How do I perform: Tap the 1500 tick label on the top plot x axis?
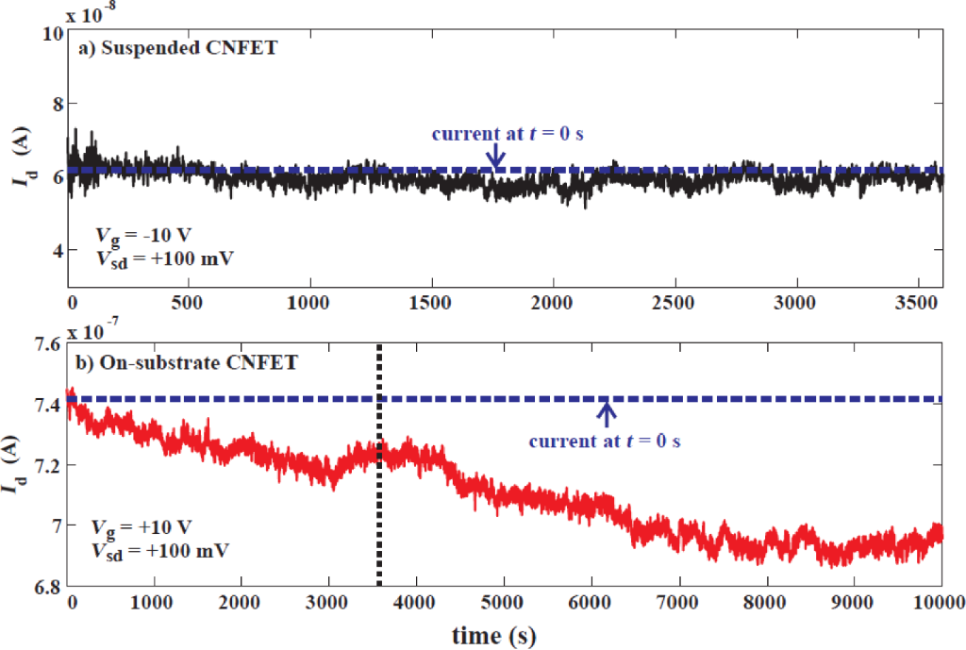coord(432,304)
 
